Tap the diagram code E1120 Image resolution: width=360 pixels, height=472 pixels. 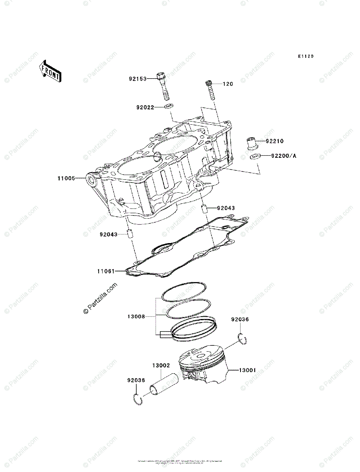pos(305,57)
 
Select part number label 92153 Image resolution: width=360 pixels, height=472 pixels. pos(138,79)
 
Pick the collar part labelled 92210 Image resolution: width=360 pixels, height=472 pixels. pos(252,142)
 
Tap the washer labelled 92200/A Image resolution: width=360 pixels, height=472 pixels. pos(254,157)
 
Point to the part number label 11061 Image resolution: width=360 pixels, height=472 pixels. pos(106,271)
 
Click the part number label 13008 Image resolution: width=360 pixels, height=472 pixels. pos(136,316)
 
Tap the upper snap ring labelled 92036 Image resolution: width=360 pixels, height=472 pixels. pos(242,339)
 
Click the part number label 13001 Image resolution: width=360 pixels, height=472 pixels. pos(248,370)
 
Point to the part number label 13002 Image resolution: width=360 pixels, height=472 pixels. pos(161,365)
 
